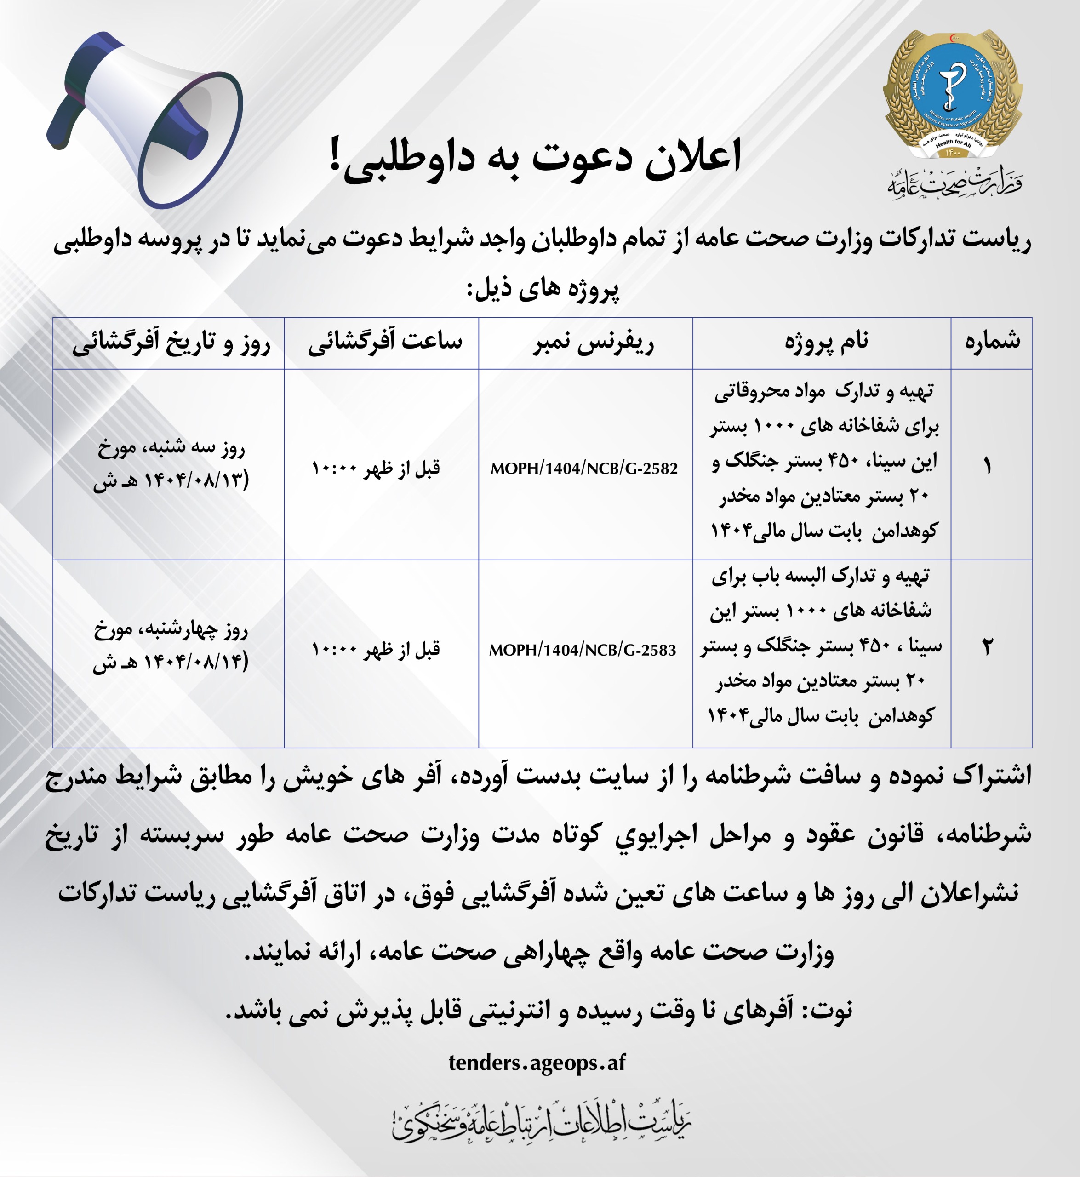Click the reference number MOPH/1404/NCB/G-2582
tap(584, 468)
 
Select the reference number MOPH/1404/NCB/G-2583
tap(582, 650)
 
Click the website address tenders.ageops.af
tap(537, 1062)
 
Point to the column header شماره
tap(992, 342)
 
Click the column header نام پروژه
tap(826, 342)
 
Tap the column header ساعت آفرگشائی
tap(384, 342)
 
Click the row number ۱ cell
tap(987, 466)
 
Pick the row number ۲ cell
tap(987, 647)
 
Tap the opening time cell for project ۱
tap(375, 468)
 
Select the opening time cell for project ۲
tap(375, 649)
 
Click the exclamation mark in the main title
tap(335, 155)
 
